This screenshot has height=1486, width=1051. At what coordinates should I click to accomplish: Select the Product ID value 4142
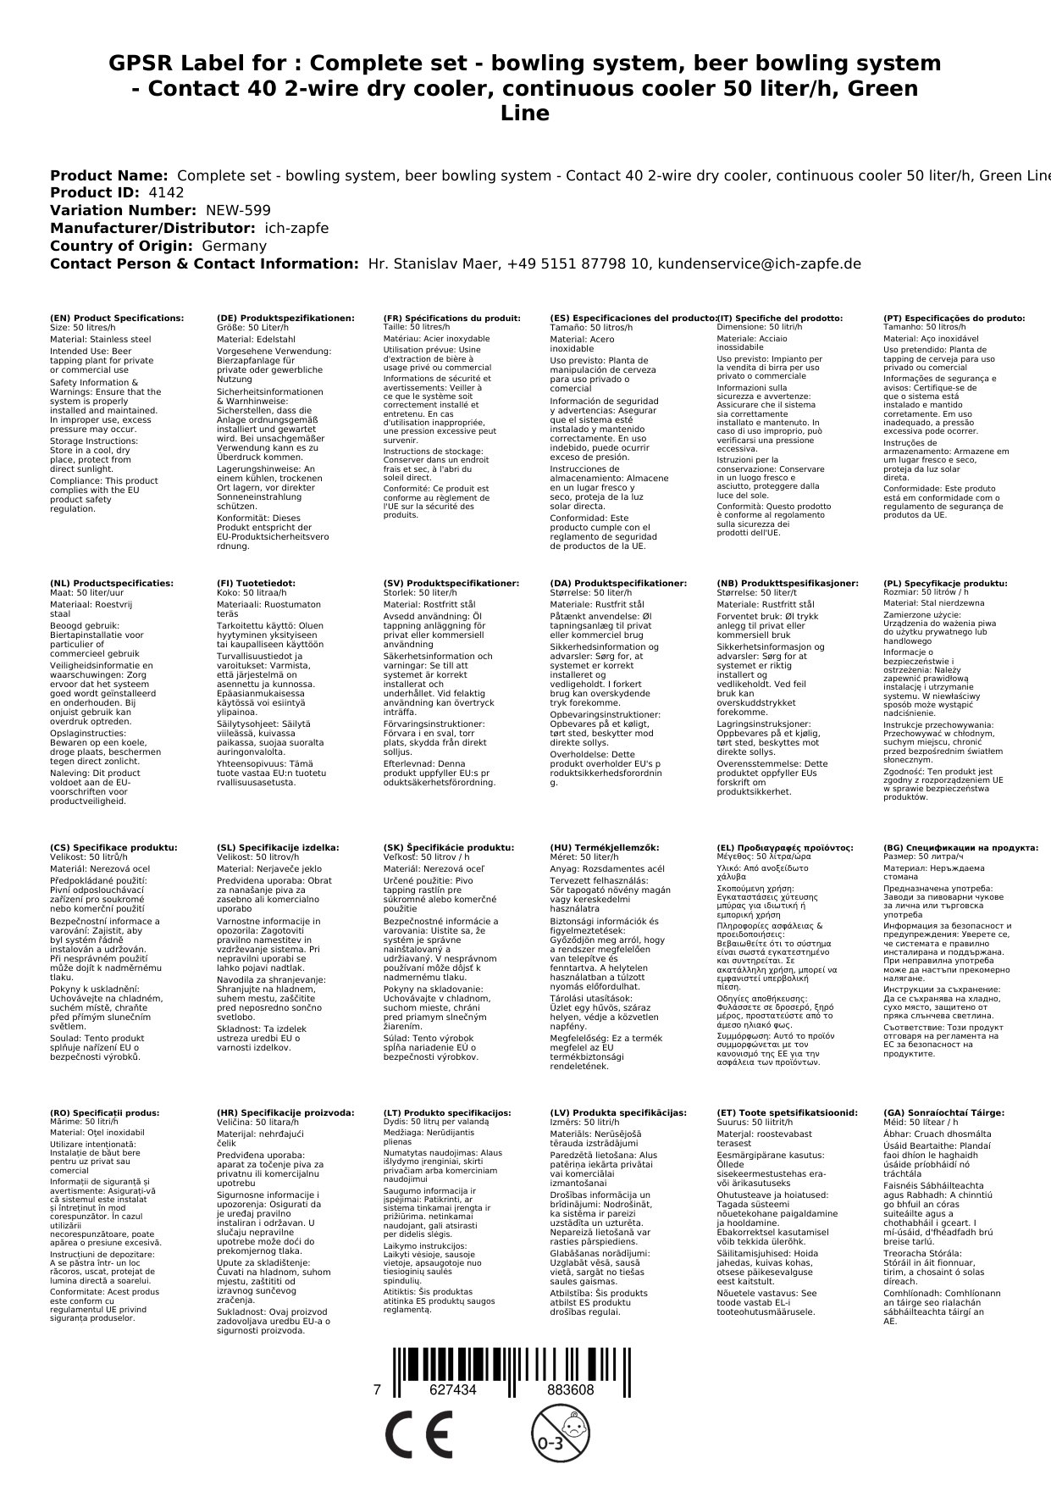[x=166, y=193]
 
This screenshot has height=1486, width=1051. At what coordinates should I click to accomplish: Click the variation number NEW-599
[x=238, y=211]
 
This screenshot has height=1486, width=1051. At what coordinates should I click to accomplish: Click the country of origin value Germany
[x=234, y=247]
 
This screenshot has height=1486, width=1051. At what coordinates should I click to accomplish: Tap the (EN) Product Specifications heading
[x=117, y=319]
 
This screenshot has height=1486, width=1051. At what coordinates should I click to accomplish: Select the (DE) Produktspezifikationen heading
[x=285, y=319]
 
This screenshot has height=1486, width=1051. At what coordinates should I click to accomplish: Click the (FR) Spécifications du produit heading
[x=451, y=319]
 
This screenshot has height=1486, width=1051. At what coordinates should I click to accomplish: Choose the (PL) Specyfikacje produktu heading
[x=945, y=584]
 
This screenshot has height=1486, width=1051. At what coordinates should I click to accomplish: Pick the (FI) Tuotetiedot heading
[x=256, y=584]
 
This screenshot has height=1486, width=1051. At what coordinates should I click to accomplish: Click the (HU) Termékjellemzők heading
[x=604, y=848]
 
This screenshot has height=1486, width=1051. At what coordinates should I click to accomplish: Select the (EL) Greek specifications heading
[x=785, y=848]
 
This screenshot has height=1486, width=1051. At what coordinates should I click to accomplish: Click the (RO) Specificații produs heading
[x=104, y=1113]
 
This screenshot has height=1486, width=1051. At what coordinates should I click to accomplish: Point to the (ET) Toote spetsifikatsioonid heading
[x=787, y=1113]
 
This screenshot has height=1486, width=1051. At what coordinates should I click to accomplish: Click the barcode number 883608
[x=570, y=1390]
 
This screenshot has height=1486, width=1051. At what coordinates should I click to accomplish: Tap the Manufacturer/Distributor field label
[x=152, y=229]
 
